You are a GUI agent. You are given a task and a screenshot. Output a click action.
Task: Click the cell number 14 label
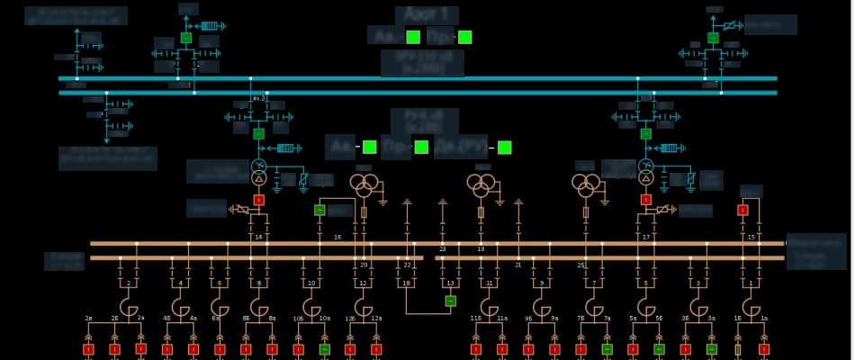coord(258,238)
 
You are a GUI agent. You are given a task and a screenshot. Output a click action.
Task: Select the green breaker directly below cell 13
coord(451,301)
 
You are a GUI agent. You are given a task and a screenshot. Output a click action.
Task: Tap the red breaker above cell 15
coord(742,210)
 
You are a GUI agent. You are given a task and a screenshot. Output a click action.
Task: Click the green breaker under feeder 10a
coord(324,348)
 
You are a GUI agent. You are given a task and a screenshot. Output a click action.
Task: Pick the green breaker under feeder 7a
coord(607,348)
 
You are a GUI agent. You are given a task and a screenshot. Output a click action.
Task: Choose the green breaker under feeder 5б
coord(659,348)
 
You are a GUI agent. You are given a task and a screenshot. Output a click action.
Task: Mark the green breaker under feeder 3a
coord(711,348)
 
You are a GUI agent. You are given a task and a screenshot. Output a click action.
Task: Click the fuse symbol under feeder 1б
coord(738,348)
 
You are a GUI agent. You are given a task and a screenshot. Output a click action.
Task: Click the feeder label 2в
coord(89,319)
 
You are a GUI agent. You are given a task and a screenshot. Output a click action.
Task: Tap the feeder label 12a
coord(376,319)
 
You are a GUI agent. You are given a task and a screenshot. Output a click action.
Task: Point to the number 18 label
coord(406,283)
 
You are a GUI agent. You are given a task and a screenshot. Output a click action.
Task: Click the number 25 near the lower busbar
coord(581,265)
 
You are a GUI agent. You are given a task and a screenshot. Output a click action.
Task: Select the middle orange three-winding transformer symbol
coord(481,185)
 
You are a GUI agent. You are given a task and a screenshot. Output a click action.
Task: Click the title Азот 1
coord(427,15)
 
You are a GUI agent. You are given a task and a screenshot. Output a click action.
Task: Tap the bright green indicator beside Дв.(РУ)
coord(504,147)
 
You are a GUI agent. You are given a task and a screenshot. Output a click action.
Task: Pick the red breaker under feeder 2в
coord(89,348)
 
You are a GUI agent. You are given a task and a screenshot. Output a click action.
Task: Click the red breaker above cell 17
coord(645,199)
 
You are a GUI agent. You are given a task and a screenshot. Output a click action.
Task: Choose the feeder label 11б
coord(476,319)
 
